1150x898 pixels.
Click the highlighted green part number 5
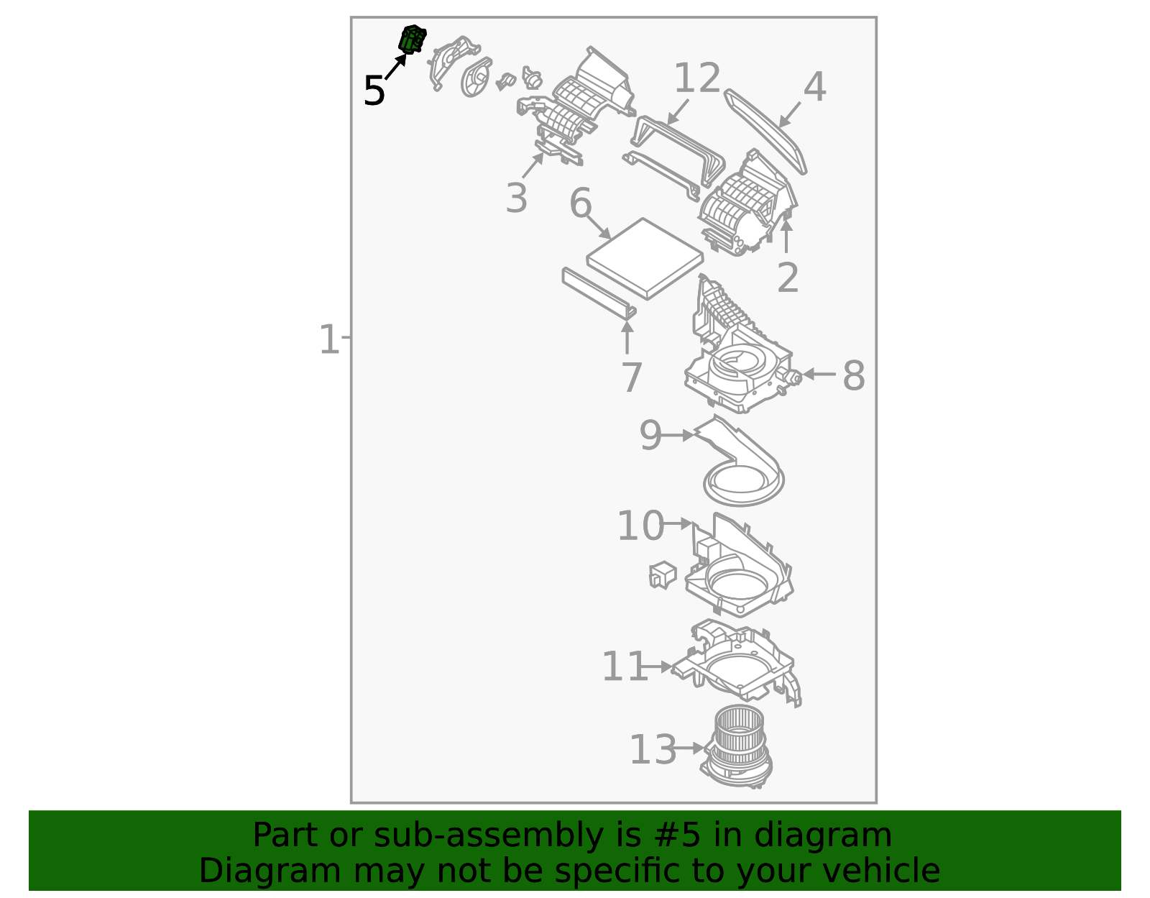click(x=413, y=39)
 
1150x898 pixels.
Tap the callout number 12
click(x=696, y=78)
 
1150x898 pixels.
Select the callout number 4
click(x=814, y=87)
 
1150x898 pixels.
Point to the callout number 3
click(x=516, y=198)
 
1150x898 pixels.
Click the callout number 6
click(x=580, y=203)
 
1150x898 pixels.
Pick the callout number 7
click(x=631, y=377)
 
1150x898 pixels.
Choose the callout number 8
click(x=853, y=375)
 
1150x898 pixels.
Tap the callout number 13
click(x=653, y=750)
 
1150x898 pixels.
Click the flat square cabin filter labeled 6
click(x=645, y=258)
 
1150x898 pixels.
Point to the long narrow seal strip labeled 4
click(x=765, y=131)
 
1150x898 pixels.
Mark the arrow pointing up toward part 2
click(x=786, y=236)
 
